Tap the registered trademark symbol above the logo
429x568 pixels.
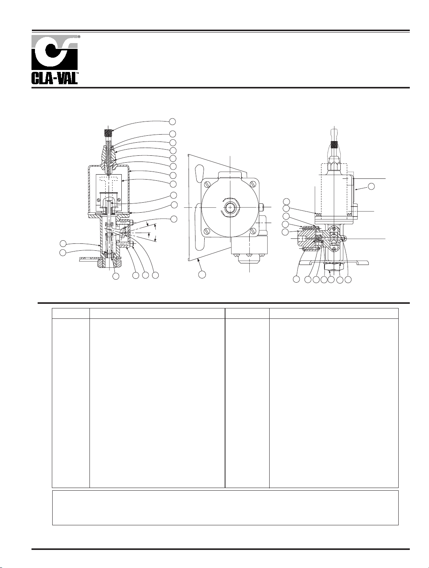coord(79,37)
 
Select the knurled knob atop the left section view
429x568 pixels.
coord(108,133)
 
